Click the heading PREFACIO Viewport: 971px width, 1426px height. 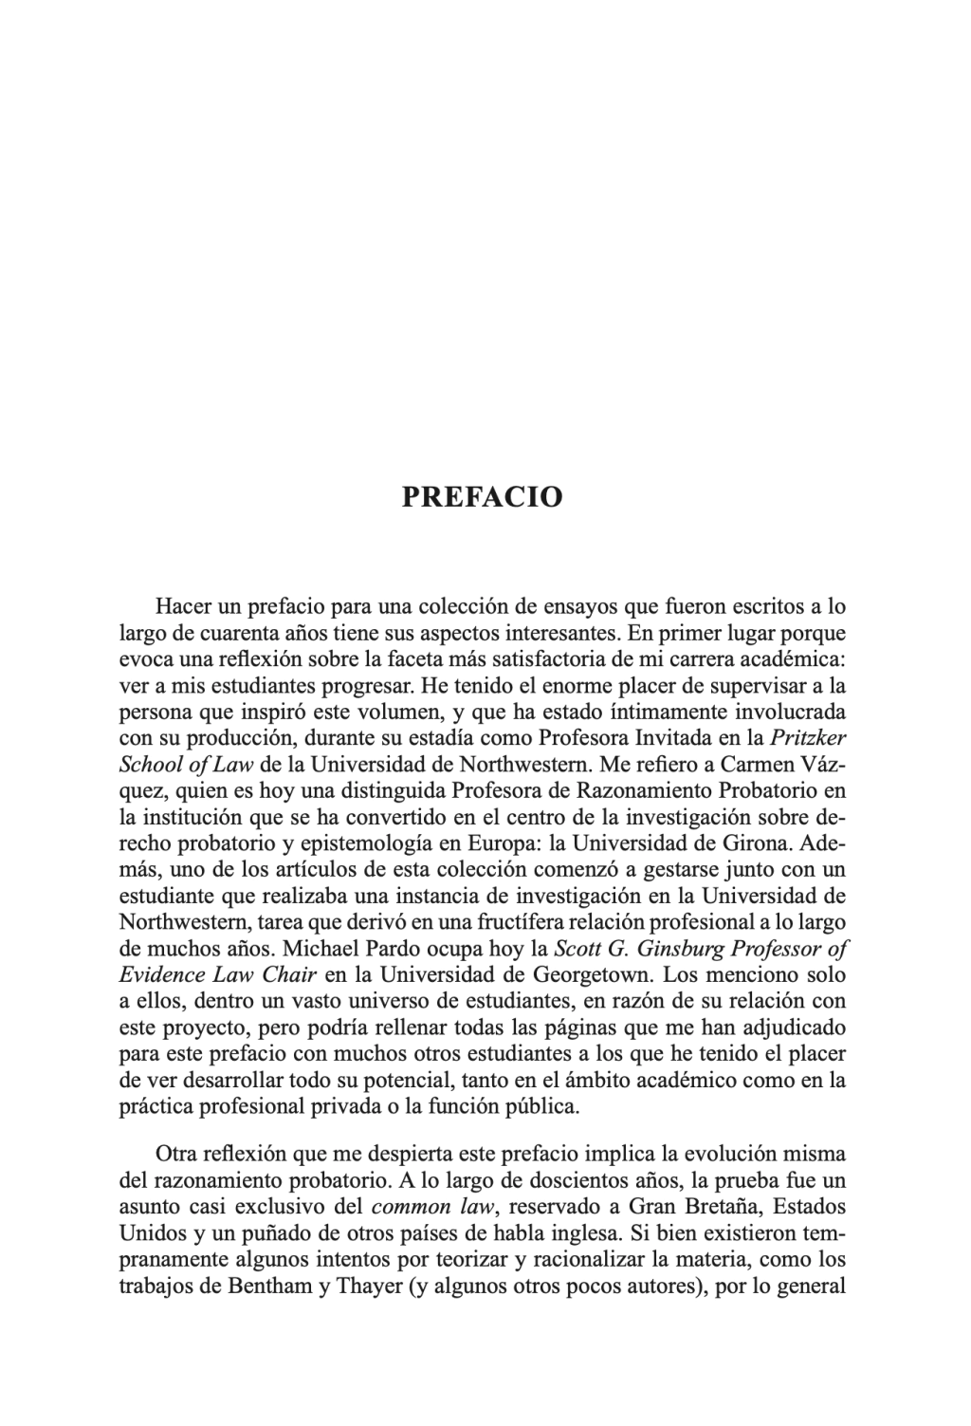tap(483, 497)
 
